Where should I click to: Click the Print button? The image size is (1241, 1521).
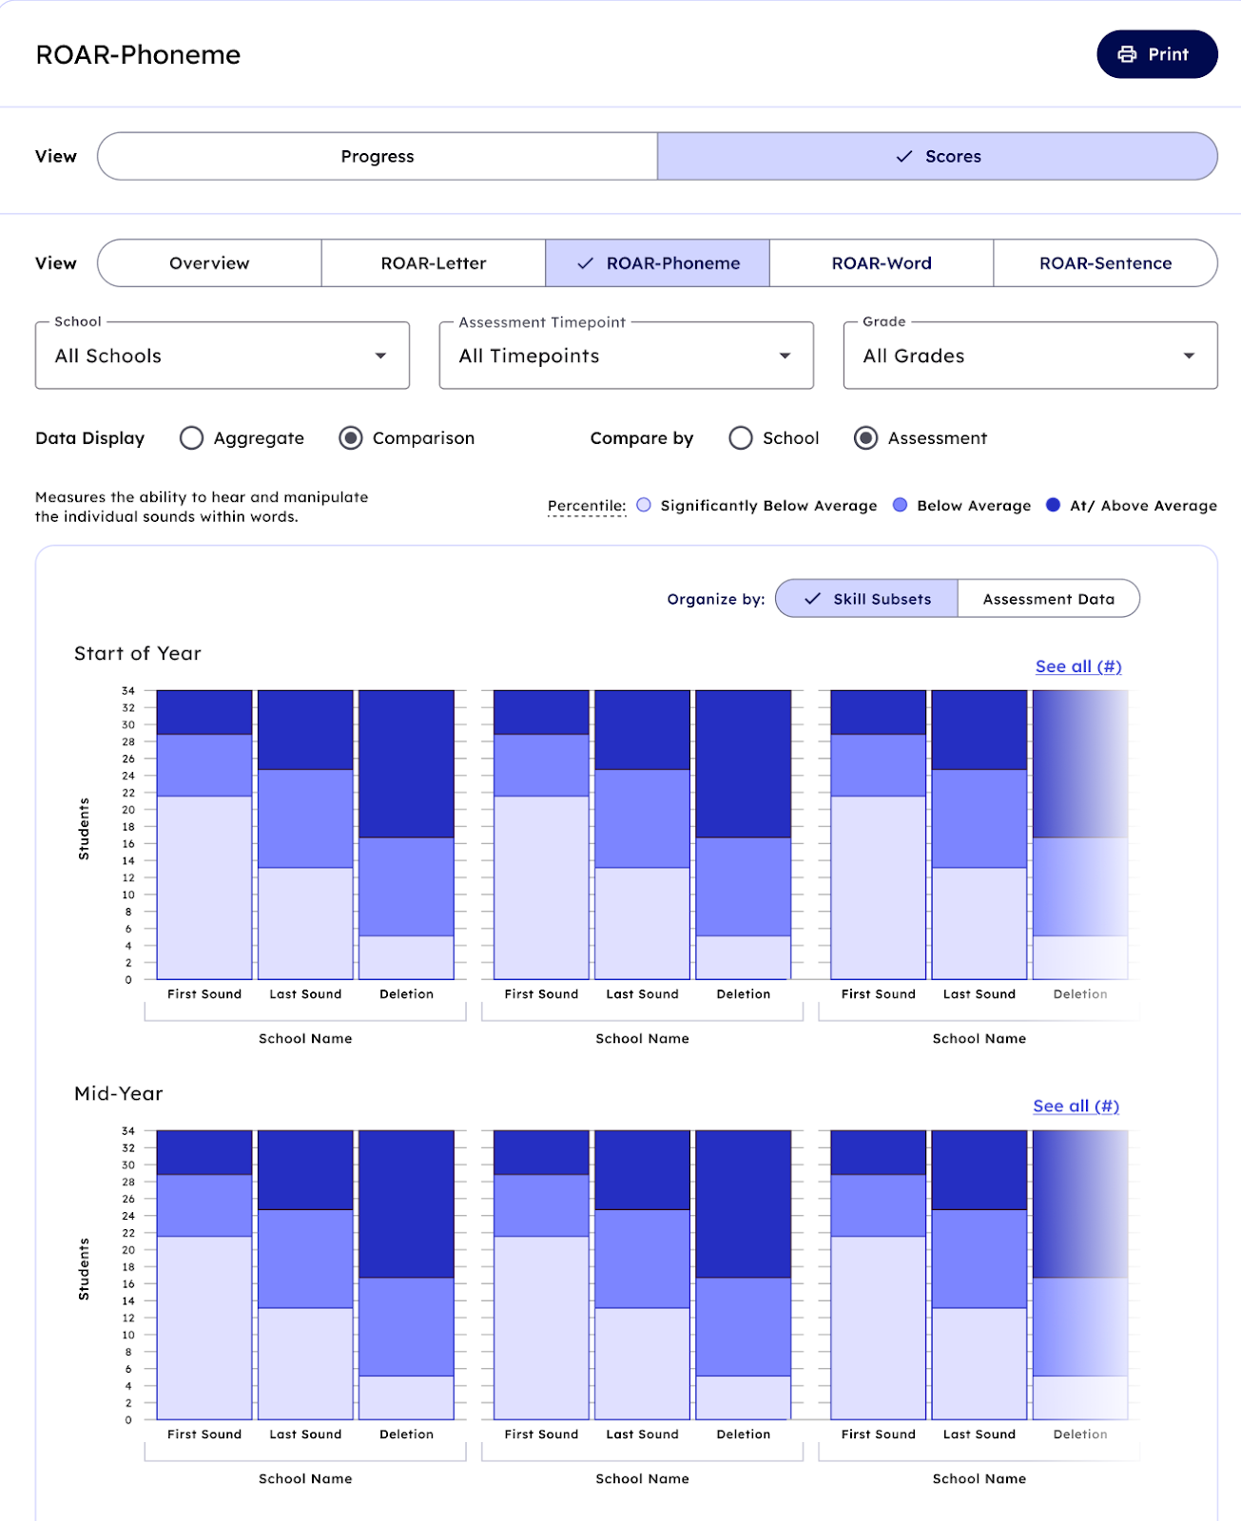[1156, 54]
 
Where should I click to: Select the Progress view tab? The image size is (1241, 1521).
[378, 156]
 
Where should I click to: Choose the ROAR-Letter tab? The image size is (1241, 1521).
[434, 263]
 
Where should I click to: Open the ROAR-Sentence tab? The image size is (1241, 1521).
[1105, 263]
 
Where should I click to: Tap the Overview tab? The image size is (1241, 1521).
[209, 263]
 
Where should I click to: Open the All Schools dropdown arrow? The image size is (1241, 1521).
[380, 356]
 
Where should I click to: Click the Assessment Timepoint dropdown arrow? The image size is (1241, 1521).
[785, 356]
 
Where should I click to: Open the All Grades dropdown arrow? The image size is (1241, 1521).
[1189, 356]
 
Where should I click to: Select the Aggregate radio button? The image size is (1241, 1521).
[192, 438]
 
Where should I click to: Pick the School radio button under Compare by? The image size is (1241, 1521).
[741, 438]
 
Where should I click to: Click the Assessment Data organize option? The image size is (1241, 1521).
[1048, 599]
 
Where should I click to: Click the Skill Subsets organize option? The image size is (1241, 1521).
[867, 599]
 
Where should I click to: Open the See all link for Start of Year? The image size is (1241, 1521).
[1078, 666]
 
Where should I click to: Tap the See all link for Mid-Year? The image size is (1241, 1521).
[1076, 1106]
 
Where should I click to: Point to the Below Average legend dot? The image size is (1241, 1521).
[900, 505]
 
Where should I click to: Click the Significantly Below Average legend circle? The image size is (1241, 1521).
[644, 505]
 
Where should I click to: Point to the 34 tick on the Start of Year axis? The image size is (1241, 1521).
[128, 691]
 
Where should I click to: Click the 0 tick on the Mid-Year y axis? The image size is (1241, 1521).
[128, 1420]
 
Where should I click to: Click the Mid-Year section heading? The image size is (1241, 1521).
[119, 1093]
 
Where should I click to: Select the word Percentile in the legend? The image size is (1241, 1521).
[586, 506]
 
